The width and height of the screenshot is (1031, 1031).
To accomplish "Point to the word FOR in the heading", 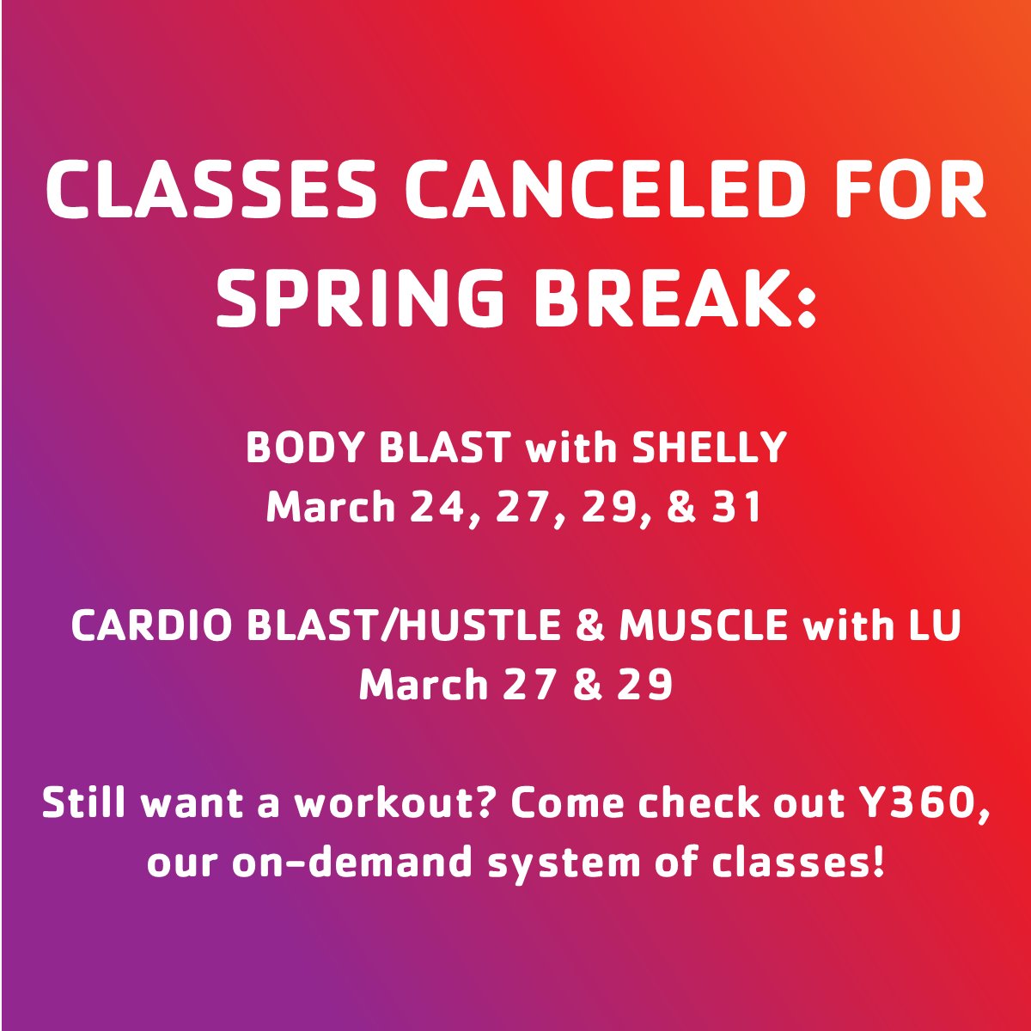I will pyautogui.click(x=920, y=193).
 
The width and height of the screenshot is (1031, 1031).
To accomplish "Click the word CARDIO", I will pyautogui.click(x=150, y=626).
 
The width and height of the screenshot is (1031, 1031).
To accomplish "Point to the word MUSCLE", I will pyautogui.click(x=704, y=626).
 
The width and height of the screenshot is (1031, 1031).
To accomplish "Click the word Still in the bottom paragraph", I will pyautogui.click(x=85, y=804).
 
